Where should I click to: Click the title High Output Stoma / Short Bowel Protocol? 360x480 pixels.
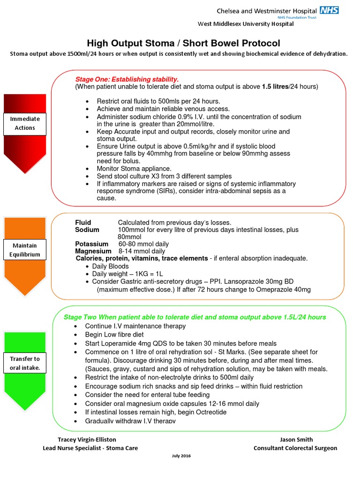click(x=183, y=43)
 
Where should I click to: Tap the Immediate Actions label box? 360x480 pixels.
click(x=25, y=123)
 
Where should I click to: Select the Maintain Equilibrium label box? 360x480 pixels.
click(x=25, y=250)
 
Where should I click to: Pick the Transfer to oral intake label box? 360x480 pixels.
click(x=25, y=363)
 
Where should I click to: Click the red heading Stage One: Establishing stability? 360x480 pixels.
click(x=127, y=79)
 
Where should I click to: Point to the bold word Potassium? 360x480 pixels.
click(x=91, y=244)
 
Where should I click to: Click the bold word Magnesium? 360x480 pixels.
click(x=92, y=251)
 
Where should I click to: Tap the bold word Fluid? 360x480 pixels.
click(x=83, y=222)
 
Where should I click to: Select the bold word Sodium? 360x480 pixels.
click(x=87, y=230)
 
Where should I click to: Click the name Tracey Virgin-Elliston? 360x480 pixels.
click(x=87, y=440)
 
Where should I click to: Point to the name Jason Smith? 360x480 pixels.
click(x=296, y=440)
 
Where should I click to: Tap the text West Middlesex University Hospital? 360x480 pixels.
click(x=246, y=24)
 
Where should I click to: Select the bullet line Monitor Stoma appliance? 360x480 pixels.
click(x=134, y=168)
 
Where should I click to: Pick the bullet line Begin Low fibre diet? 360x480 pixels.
click(x=114, y=335)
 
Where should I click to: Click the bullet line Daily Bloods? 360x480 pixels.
click(x=110, y=266)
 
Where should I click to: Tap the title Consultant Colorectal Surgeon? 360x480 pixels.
click(x=295, y=448)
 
